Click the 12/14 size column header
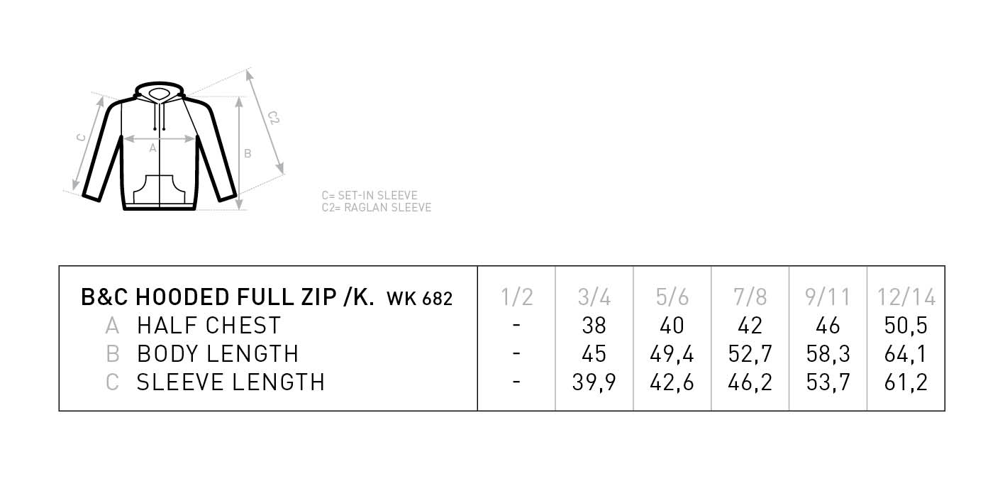[906, 297]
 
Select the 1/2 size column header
[516, 297]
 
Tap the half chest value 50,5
[906, 326]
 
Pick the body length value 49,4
[672, 354]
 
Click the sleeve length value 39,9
[594, 382]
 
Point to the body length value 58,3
[828, 354]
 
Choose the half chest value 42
[750, 326]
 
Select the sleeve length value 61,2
[906, 382]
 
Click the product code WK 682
[419, 299]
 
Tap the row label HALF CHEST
[209, 326]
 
